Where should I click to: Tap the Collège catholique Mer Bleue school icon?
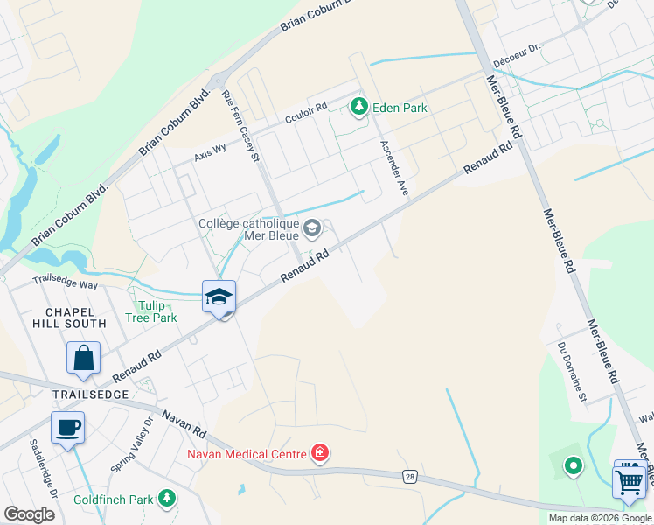coord(312,230)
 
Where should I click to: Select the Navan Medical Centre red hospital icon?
coord(320,453)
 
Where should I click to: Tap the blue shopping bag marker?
coord(83,359)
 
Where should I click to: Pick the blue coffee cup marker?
coord(67,429)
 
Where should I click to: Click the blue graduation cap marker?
coord(219,297)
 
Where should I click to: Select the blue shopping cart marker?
coord(630,480)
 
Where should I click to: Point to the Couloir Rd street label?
coord(306,113)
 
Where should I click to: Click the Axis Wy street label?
coord(210,151)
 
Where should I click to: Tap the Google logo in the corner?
coord(29,514)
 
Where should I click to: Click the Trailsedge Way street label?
coord(65,282)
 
